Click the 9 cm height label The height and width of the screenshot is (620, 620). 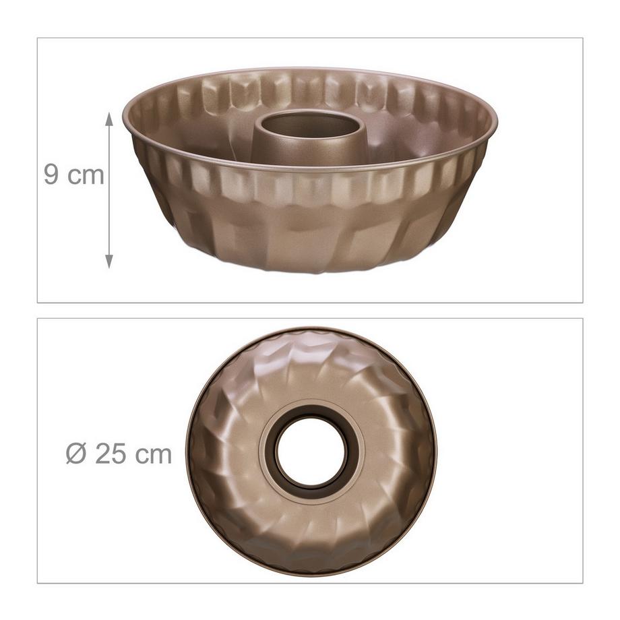74,175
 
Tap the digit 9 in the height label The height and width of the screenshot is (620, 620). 51,175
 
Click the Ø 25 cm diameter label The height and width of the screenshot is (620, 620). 119,454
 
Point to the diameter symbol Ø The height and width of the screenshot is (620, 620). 76,454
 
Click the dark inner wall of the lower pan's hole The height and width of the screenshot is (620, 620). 279,465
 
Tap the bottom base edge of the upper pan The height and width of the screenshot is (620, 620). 310,270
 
